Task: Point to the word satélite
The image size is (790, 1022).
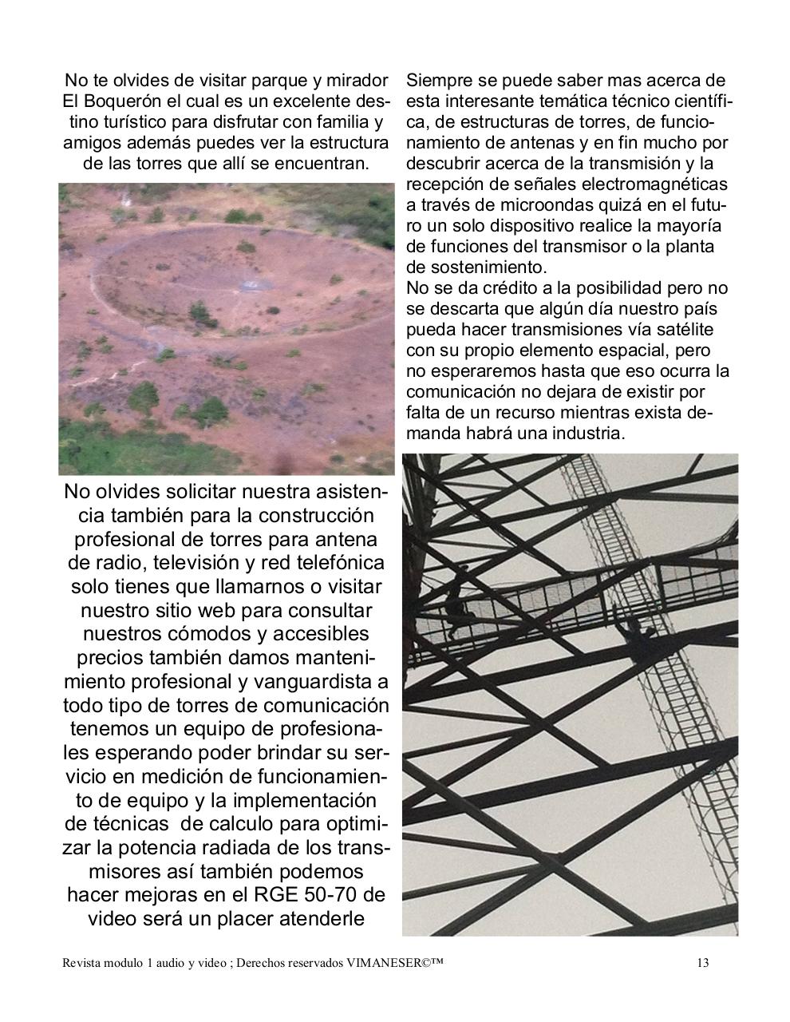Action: pyautogui.click(x=680, y=329)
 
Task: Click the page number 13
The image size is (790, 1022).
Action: pyautogui.click(x=702, y=963)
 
